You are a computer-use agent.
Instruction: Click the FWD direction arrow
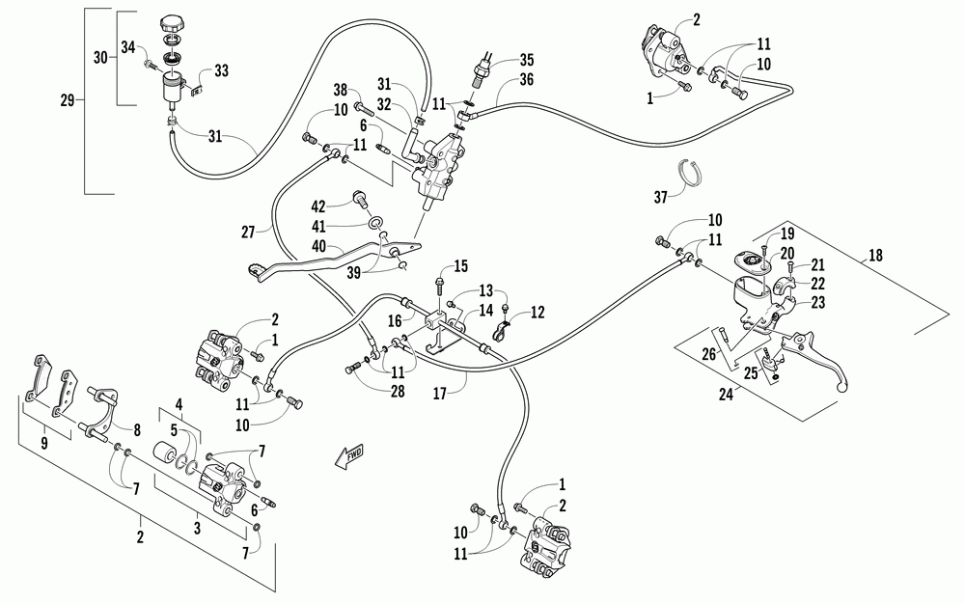[349, 456]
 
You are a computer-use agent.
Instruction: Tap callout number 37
[660, 197]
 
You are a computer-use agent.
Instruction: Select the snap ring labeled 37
[693, 172]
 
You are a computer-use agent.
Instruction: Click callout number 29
[68, 99]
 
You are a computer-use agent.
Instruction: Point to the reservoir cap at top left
[171, 26]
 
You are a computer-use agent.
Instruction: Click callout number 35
[526, 60]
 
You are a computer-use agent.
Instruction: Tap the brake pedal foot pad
[260, 271]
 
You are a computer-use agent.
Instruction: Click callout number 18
[875, 255]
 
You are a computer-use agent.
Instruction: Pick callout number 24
[727, 394]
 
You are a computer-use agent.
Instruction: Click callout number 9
[43, 443]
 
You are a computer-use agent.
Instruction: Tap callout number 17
[439, 394]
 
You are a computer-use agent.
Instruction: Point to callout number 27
[248, 232]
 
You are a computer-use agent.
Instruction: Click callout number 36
[526, 79]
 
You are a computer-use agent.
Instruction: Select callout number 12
[538, 312]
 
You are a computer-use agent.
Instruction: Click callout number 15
[461, 266]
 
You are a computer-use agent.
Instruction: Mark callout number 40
[318, 246]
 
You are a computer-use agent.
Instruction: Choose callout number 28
[398, 391]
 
